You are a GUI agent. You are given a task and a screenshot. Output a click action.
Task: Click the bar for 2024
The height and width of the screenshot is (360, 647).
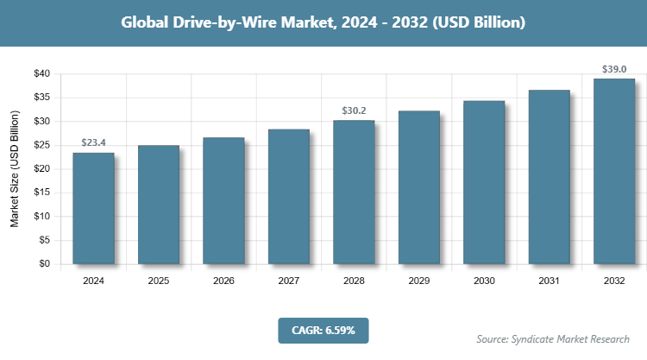tap(93, 208)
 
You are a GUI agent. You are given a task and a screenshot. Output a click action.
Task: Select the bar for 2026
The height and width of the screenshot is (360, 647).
tap(223, 200)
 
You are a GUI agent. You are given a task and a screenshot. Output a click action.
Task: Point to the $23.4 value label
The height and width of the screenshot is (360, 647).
tap(93, 142)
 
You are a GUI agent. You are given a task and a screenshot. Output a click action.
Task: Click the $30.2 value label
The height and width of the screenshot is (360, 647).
tap(354, 111)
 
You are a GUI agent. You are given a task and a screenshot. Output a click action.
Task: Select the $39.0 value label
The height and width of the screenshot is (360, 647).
tap(614, 68)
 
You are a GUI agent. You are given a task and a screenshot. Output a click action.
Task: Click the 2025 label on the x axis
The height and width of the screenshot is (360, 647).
tap(159, 281)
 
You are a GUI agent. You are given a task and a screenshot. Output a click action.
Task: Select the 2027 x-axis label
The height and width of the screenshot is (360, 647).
tap(289, 281)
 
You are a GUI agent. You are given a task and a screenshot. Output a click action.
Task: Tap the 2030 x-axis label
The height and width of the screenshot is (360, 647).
tap(484, 281)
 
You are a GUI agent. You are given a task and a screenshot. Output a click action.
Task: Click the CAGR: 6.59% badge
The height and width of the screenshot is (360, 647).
tap(323, 330)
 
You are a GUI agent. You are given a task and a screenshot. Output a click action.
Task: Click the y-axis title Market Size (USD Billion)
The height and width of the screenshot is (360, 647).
tap(15, 169)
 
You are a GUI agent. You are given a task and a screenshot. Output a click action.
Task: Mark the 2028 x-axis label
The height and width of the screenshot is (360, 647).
tap(354, 281)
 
